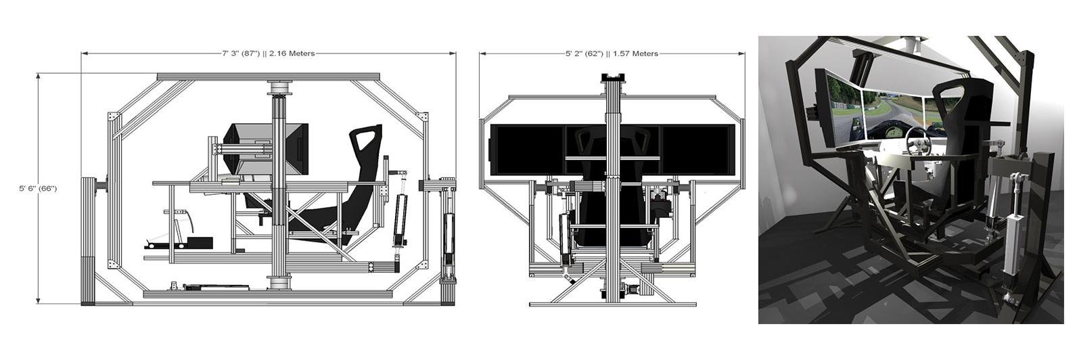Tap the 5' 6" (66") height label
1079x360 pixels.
click(x=38, y=188)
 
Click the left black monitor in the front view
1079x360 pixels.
click(x=527, y=150)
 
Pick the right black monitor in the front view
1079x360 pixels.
click(x=698, y=150)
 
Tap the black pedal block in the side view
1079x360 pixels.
click(x=200, y=242)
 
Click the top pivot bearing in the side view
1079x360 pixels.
click(x=279, y=88)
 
